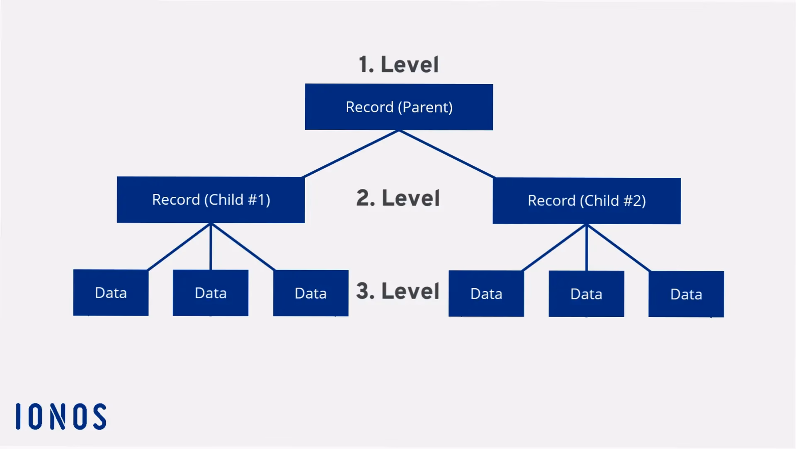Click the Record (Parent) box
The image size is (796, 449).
click(x=399, y=107)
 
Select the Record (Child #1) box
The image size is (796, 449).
click(x=211, y=200)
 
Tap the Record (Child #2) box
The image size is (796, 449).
click(x=587, y=201)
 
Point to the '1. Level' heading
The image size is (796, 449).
click(x=398, y=65)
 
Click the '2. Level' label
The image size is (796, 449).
click(x=398, y=198)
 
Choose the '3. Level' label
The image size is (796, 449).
click(x=398, y=291)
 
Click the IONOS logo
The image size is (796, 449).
click(x=61, y=416)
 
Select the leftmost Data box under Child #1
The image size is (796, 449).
click(x=111, y=292)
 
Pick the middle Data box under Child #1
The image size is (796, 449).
click(x=211, y=293)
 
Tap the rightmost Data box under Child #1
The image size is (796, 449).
click(x=311, y=293)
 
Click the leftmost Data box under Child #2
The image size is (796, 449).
click(x=486, y=294)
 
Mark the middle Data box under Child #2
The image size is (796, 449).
click(x=586, y=294)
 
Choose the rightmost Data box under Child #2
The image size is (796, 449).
click(x=686, y=295)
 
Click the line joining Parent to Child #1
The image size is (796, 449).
click(x=352, y=154)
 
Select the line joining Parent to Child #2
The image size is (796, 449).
click(x=447, y=154)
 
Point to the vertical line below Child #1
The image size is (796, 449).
click(x=211, y=246)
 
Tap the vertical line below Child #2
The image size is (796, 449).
click(x=586, y=248)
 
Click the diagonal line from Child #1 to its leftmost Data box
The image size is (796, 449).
click(x=179, y=247)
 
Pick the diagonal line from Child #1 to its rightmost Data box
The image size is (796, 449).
click(x=243, y=247)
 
